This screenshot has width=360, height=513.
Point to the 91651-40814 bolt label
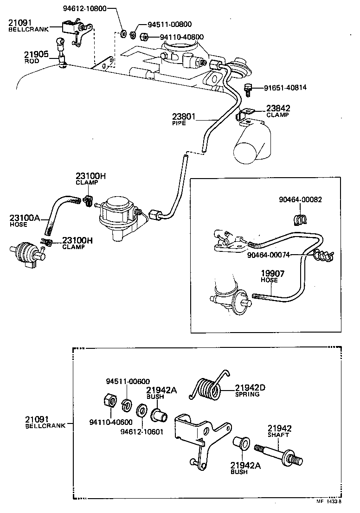coord(285,88)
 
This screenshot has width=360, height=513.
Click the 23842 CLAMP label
coord(278,111)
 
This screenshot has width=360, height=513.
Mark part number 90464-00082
coord(300,199)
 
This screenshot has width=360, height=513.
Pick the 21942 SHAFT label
coord(278,431)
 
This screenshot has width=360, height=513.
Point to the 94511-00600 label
coord(128,381)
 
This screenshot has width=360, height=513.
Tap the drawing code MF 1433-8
coord(329,501)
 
